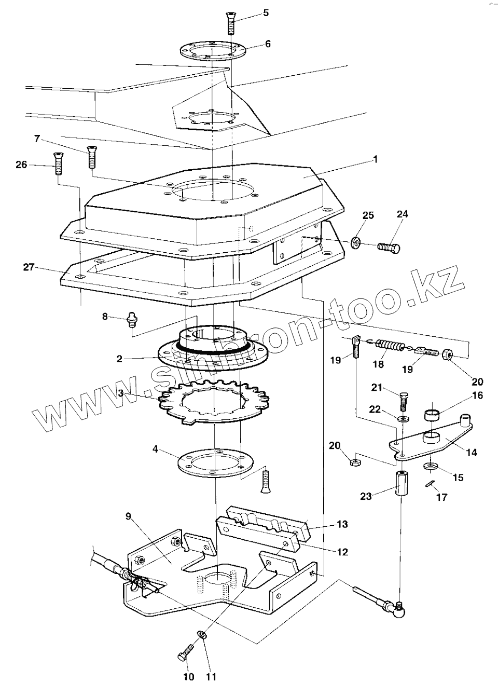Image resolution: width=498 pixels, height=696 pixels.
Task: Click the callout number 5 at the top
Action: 266,13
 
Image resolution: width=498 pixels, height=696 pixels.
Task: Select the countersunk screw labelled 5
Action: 231,23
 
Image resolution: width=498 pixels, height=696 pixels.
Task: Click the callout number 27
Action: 29,267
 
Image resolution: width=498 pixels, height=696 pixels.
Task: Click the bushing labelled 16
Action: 434,415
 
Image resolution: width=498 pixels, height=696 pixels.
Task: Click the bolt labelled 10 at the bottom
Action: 186,651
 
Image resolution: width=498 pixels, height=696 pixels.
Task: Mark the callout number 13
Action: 342,524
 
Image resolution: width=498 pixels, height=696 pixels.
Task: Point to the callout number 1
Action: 376,159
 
